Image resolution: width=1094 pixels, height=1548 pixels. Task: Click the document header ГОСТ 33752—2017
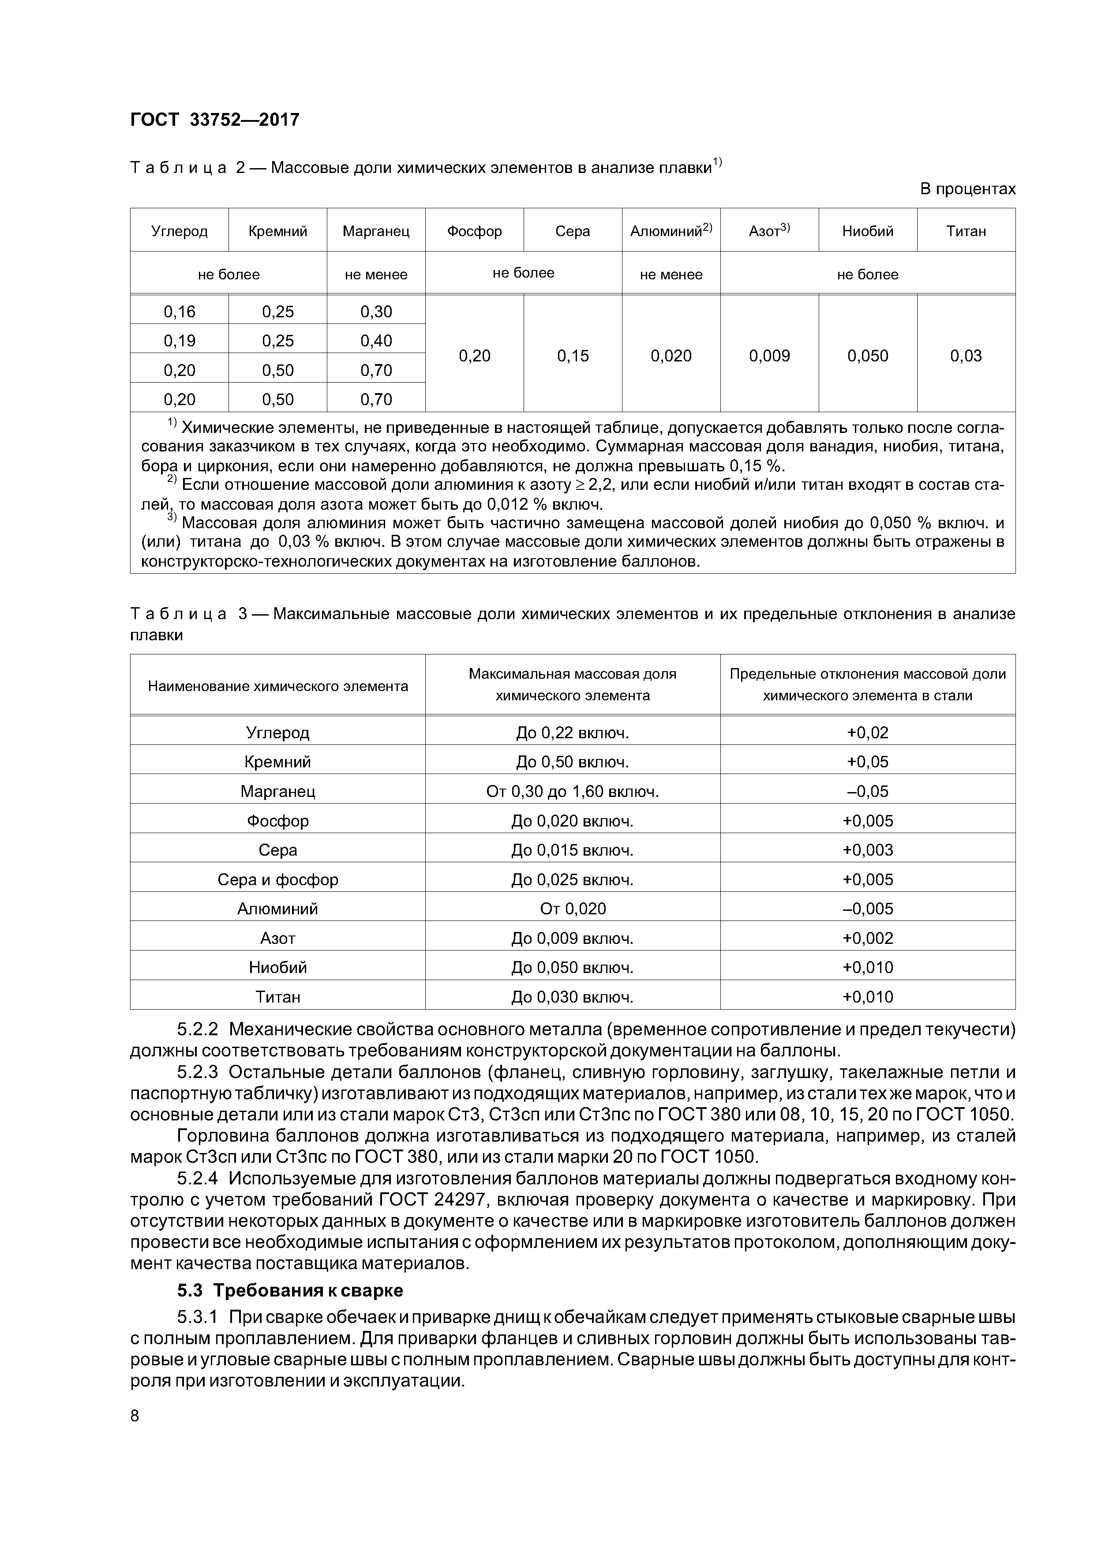pos(214,120)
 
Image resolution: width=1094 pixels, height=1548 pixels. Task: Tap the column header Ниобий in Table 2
pos(868,231)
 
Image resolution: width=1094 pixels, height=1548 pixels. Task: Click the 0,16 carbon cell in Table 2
pos(179,312)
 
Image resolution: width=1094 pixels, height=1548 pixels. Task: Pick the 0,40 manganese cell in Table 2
pos(376,341)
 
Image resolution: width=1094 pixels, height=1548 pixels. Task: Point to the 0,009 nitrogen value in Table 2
pos(769,356)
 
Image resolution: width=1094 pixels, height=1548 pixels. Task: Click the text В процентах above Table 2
pos(967,189)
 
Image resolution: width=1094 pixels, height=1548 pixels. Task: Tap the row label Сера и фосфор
pos(278,879)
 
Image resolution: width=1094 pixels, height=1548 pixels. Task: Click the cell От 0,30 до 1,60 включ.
pos(572,791)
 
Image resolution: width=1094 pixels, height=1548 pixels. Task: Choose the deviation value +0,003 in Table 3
pos(868,849)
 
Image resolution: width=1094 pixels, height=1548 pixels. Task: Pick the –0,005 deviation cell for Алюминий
pos(868,908)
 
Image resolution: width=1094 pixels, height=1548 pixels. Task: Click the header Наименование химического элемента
pos(278,686)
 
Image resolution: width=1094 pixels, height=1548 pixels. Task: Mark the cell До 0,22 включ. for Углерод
pos(572,732)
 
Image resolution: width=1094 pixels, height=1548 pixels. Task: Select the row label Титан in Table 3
pos(278,996)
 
